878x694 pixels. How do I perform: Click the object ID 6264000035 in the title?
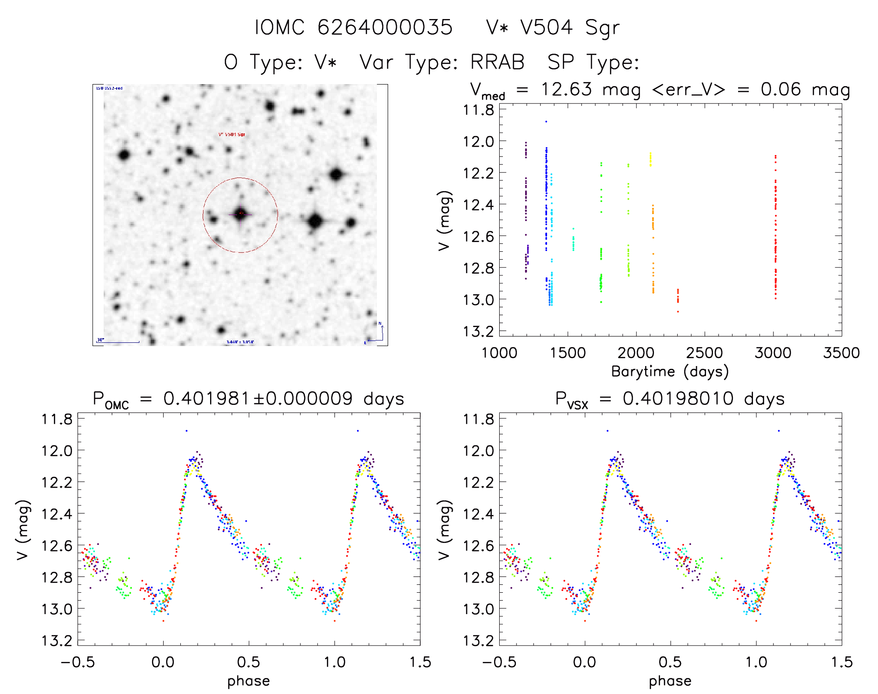tap(385, 27)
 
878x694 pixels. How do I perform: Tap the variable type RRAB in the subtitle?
tap(497, 62)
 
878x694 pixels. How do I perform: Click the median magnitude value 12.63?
tap(566, 89)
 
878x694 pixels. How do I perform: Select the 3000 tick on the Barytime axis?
tap(772, 353)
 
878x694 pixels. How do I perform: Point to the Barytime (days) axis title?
tap(670, 372)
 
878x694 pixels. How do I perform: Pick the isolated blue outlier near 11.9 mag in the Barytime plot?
tap(546, 122)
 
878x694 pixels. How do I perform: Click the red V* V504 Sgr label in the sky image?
tap(231, 135)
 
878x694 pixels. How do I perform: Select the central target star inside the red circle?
tap(240, 214)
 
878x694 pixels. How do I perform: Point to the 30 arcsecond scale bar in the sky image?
tap(119, 342)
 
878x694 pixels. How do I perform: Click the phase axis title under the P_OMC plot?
tap(248, 681)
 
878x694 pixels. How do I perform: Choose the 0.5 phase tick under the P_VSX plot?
tap(670, 662)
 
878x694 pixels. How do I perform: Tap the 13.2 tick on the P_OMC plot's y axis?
tap(57, 641)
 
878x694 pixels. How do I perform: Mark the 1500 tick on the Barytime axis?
tap(567, 353)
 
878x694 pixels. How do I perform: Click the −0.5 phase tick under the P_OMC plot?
tap(78, 662)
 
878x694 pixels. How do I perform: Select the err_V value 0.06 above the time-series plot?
tap(780, 89)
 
